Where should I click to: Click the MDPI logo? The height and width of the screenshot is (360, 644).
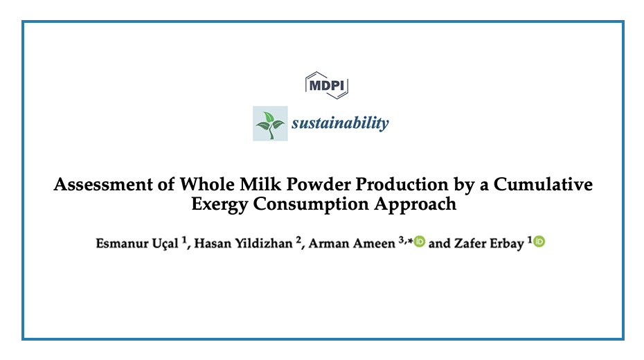(327, 85)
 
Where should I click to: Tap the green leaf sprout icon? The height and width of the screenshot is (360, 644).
(270, 123)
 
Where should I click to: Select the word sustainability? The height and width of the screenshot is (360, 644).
(340, 123)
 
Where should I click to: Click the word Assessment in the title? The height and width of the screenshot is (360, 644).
(103, 184)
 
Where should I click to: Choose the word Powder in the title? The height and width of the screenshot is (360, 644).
(318, 184)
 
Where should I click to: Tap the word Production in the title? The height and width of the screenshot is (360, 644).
(402, 184)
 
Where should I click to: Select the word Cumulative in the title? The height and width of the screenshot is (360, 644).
(543, 184)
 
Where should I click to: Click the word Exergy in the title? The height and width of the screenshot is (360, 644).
(220, 205)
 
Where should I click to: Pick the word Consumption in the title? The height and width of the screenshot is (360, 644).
(311, 205)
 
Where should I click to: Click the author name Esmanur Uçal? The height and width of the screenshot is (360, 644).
(137, 244)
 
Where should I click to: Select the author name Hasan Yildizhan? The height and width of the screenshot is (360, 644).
(243, 244)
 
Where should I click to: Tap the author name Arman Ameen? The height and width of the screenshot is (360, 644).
(352, 244)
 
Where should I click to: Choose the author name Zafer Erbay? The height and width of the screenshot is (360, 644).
(489, 244)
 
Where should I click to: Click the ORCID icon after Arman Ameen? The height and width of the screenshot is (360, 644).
(420, 242)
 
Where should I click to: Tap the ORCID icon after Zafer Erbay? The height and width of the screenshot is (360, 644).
(539, 242)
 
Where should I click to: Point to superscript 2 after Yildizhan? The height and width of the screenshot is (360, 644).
(298, 240)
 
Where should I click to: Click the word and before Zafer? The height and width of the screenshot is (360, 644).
(440, 244)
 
